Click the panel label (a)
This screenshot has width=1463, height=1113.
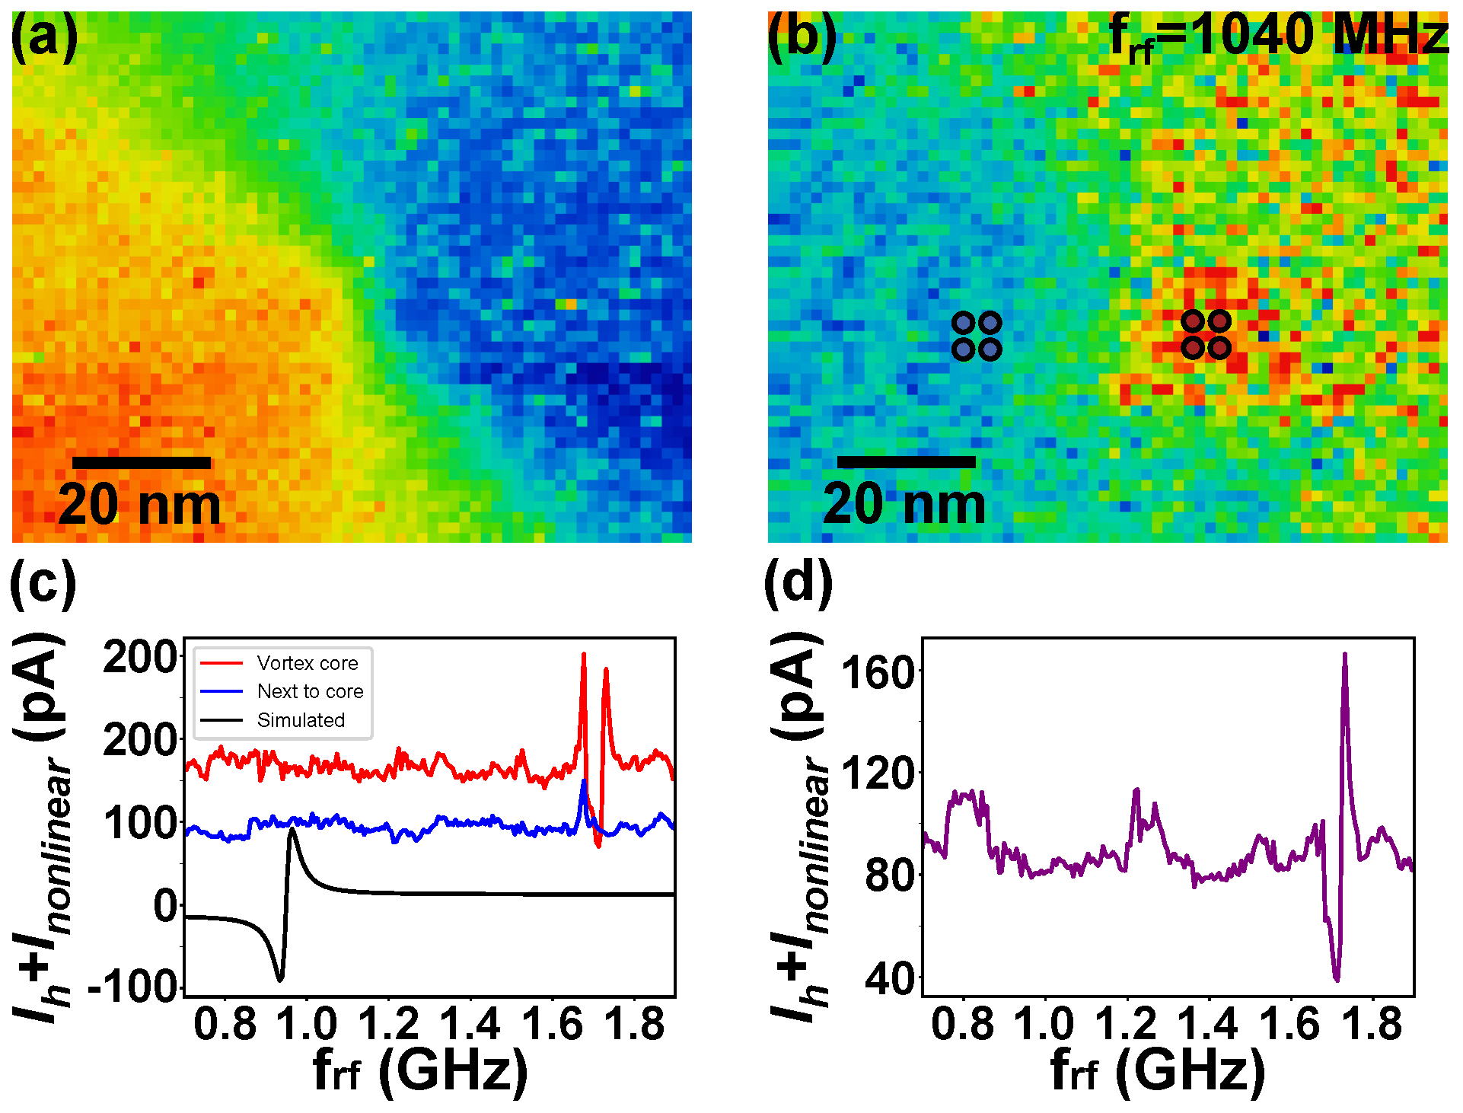click(43, 37)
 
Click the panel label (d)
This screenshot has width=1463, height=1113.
click(798, 582)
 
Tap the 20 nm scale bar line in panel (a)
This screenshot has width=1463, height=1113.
click(142, 462)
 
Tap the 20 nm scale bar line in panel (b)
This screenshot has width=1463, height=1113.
click(906, 461)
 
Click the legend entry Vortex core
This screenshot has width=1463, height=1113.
click(307, 663)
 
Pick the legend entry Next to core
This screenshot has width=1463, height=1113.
click(310, 691)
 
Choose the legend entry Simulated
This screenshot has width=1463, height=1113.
click(301, 720)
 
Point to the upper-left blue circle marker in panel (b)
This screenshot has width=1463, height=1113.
click(964, 323)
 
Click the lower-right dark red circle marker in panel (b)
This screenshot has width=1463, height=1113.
click(1219, 348)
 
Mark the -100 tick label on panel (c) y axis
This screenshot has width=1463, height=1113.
click(134, 988)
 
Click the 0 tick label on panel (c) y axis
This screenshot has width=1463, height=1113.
click(165, 906)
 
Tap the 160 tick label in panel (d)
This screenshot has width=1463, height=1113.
click(877, 673)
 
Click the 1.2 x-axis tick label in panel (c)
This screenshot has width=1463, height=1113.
click(388, 1023)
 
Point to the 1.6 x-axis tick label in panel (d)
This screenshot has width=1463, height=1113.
click(1289, 1023)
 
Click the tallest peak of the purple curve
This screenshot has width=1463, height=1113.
click(1345, 655)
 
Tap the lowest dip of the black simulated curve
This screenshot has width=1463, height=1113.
click(280, 978)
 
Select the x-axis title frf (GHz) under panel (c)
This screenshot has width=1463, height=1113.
click(420, 1072)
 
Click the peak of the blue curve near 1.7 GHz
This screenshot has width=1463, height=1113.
click(584, 782)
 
